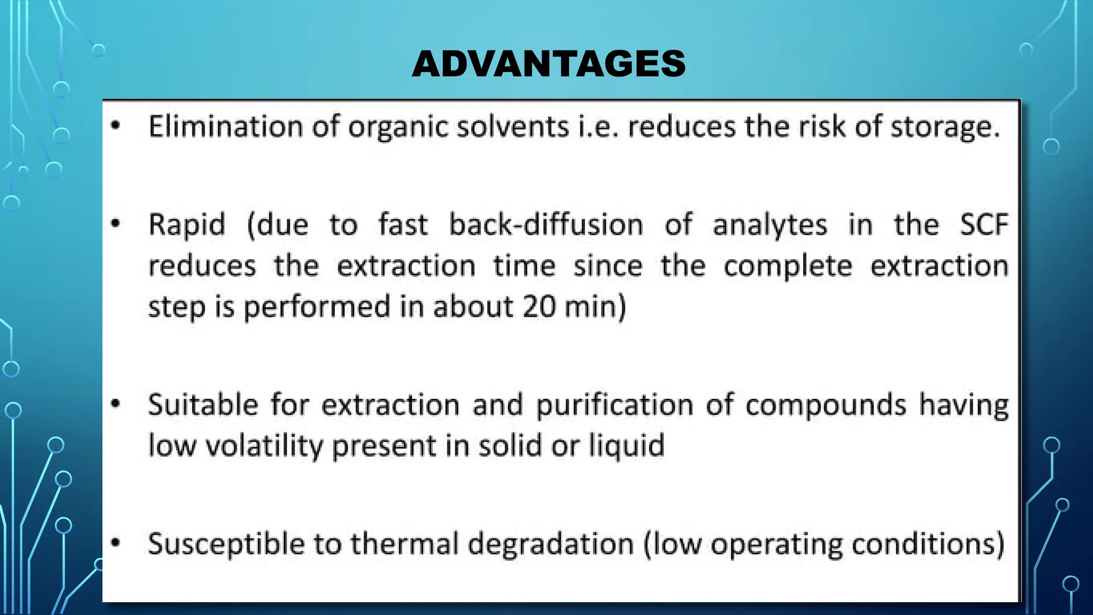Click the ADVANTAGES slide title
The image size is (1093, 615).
click(x=549, y=64)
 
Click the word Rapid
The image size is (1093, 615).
click(x=187, y=225)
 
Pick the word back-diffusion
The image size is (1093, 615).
click(x=546, y=225)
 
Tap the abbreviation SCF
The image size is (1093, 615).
click(x=984, y=225)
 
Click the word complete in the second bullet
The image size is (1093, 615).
click(x=788, y=266)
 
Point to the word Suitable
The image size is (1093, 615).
click(x=203, y=405)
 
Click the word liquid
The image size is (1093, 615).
click(x=627, y=446)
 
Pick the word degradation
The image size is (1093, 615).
click(x=551, y=545)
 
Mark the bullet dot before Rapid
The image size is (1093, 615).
click(x=116, y=223)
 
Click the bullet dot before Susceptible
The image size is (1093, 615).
click(x=116, y=543)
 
